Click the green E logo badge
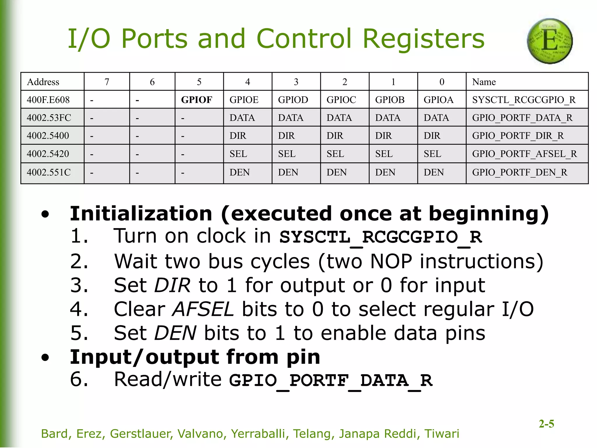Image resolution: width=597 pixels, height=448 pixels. (550, 41)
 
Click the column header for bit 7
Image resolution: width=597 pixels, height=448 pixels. (107, 82)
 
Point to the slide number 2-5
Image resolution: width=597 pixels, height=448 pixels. (546, 423)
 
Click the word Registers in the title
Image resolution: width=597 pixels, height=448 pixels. (423, 39)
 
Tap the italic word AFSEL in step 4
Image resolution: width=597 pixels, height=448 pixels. (203, 309)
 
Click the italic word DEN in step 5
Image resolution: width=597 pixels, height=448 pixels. (175, 333)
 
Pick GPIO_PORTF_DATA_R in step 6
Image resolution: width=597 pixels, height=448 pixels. (331, 381)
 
